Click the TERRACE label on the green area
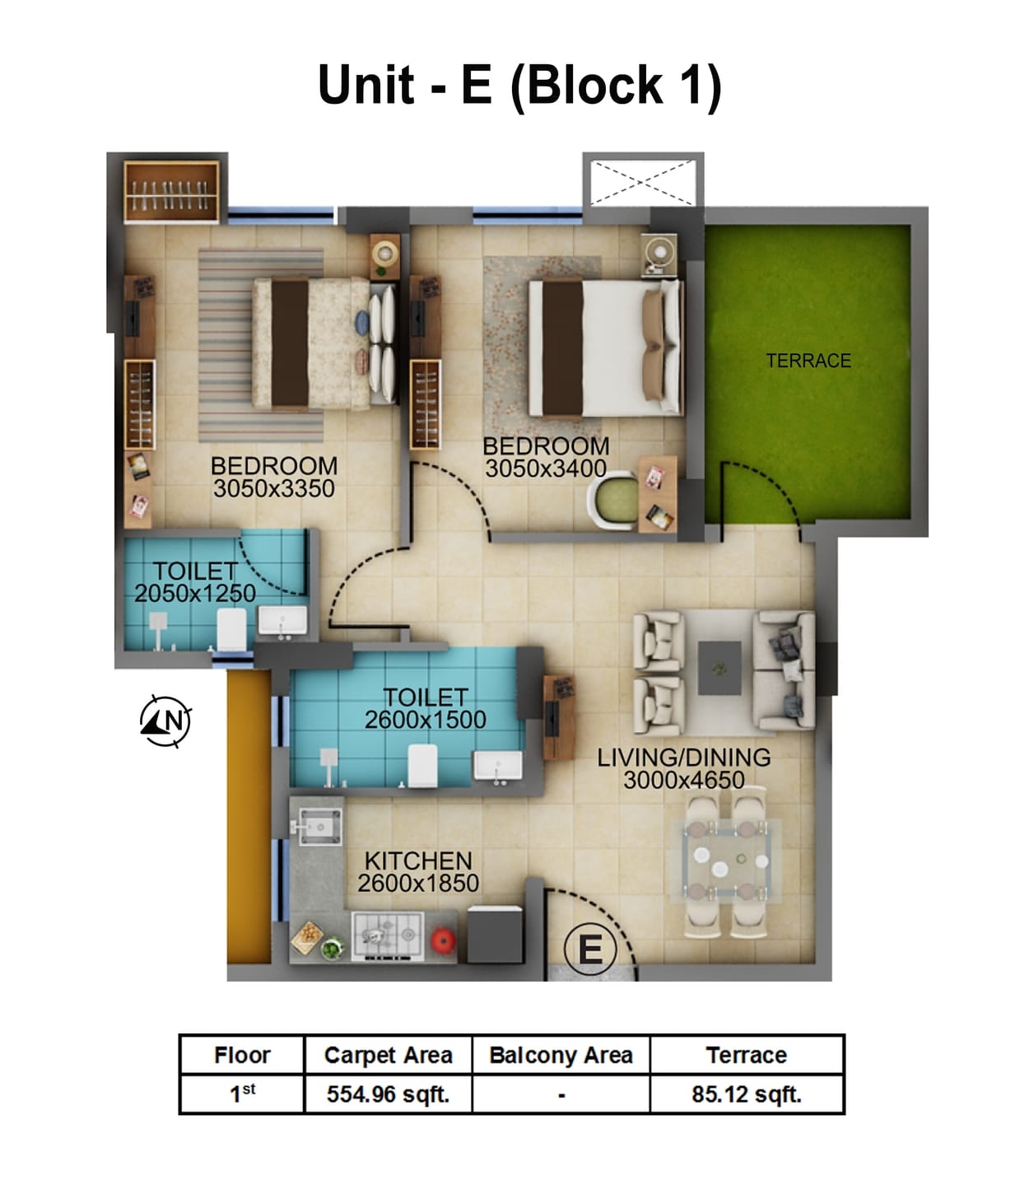click(x=808, y=361)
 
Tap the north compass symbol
click(x=165, y=721)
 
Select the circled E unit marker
click(x=589, y=949)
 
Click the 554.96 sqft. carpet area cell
click(x=388, y=1094)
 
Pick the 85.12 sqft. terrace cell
click(x=746, y=1094)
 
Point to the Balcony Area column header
click(x=561, y=1055)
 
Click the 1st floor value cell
click(x=242, y=1094)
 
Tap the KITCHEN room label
click(x=418, y=861)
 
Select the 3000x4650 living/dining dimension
click(x=683, y=780)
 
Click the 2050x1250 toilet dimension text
click(x=195, y=593)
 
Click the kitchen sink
click(x=319, y=825)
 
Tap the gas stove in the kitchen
click(x=387, y=936)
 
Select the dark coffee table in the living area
click(x=719, y=668)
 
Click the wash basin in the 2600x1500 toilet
click(x=496, y=766)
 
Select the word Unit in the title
click(x=366, y=85)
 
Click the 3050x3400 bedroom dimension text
click(x=545, y=469)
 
